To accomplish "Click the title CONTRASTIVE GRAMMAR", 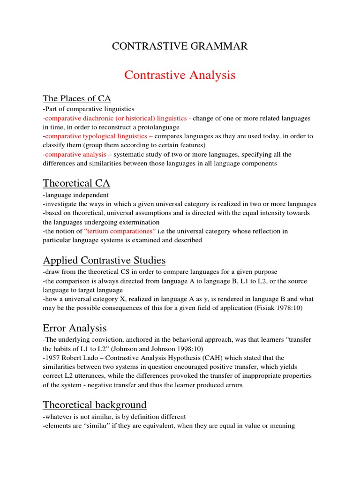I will (179, 46).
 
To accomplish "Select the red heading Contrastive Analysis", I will (180, 75).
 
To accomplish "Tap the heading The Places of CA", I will (77, 98).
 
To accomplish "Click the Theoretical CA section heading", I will (76, 183).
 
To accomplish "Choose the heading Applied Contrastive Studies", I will (104, 260).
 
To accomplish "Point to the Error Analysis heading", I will (75, 328).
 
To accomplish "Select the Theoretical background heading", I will (95, 405).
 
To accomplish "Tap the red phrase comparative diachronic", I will (80, 118).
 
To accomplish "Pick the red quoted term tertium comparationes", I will (120, 231).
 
